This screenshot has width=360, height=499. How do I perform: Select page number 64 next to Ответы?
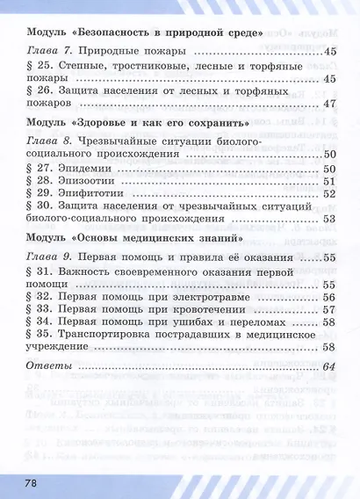pos(329,366)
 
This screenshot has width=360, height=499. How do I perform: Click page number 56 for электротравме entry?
pos(329,297)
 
